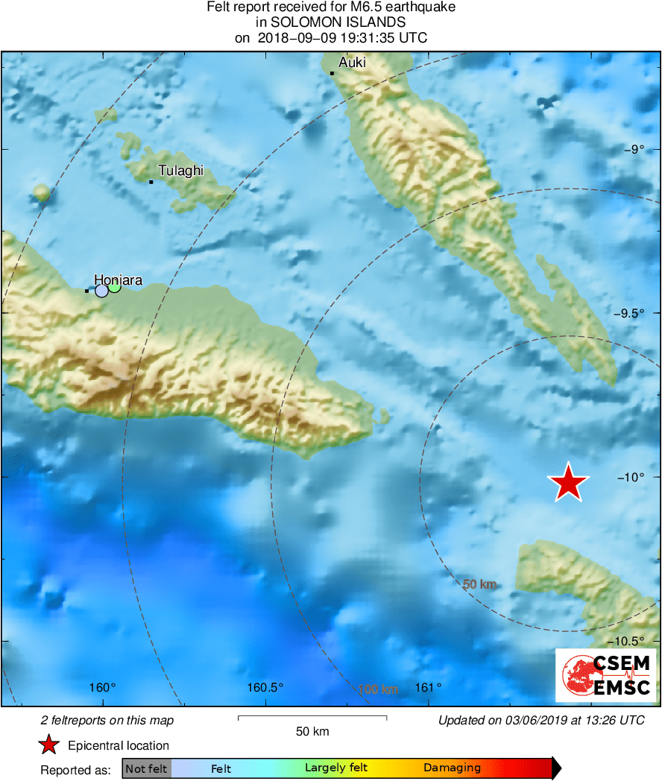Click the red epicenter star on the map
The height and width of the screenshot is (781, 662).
569,482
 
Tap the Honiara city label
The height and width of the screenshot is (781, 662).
118,280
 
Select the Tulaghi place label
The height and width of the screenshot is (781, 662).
180,171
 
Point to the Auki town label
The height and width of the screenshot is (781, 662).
352,63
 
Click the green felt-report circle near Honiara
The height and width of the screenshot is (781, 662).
115,286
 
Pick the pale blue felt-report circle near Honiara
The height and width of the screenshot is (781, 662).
102,291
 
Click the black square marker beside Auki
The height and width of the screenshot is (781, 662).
332,73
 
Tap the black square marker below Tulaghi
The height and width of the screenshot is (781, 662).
151,182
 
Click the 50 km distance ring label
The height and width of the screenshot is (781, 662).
479,585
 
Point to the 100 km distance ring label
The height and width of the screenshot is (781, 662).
378,689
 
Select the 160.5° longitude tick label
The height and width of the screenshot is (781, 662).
265,687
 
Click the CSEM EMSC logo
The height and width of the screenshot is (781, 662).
605,675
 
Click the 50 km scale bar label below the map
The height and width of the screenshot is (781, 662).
312,731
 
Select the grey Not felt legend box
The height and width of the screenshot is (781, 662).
146,768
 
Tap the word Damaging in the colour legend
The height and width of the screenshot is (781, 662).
452,768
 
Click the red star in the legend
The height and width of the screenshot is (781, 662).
49,744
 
